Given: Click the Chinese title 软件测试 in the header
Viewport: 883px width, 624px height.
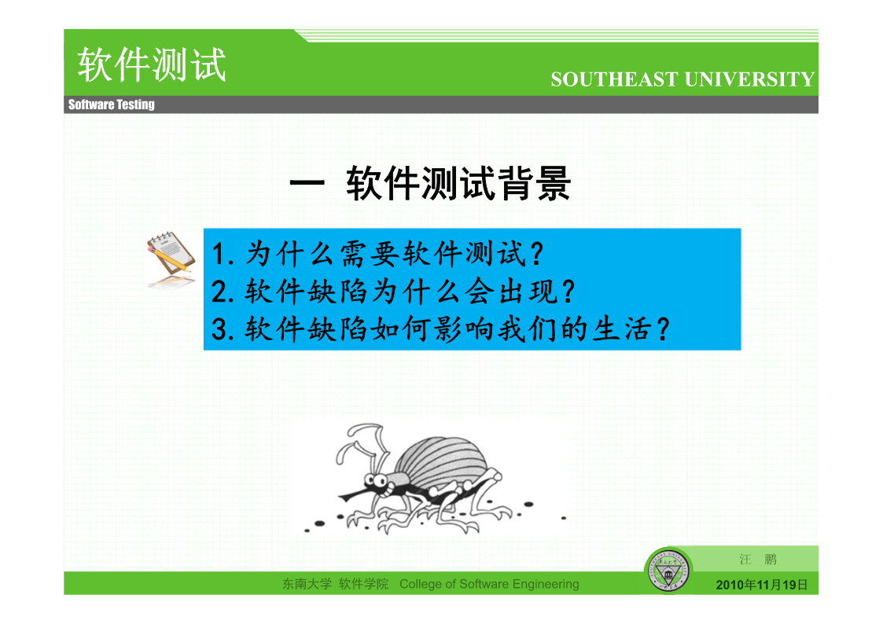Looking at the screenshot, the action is click(152, 64).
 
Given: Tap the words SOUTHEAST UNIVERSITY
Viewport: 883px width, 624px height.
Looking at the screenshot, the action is click(682, 79).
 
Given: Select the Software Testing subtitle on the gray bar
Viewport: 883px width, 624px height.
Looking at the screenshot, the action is click(112, 105).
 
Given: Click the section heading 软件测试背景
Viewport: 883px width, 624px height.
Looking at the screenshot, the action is click(458, 183).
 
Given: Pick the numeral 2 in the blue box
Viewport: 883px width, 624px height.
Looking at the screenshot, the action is click(219, 292).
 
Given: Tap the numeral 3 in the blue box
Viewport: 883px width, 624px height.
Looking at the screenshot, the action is click(219, 329).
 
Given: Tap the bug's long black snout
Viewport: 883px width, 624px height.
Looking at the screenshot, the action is click(355, 494).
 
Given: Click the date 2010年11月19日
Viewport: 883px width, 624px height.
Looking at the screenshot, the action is click(761, 585).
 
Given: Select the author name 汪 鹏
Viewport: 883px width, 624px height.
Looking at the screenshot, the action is click(758, 560).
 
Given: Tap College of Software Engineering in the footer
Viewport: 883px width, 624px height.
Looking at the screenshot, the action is click(489, 584).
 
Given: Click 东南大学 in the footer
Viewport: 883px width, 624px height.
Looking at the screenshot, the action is click(307, 584).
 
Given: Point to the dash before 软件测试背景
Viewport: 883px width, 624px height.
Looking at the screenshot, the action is click(307, 182).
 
